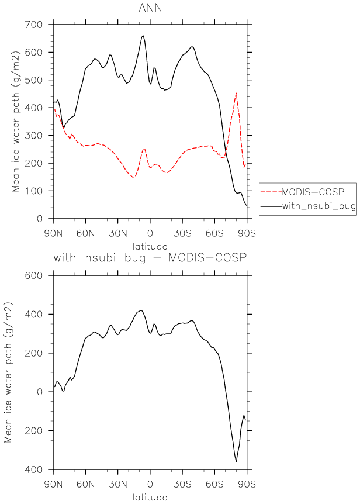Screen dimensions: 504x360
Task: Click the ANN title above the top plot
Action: point(151,8)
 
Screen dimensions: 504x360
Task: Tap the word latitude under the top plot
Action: point(150,246)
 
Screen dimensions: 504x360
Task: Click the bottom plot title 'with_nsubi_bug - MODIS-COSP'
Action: point(150,258)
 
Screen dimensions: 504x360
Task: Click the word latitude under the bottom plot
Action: point(150,498)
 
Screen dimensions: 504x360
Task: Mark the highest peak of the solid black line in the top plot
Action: point(143,36)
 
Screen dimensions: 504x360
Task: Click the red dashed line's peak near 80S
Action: point(236,93)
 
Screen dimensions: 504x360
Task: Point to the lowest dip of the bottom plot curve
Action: point(237,462)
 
